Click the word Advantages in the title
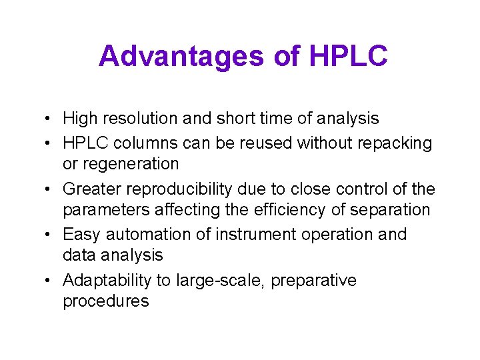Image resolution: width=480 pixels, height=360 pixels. coord(181,57)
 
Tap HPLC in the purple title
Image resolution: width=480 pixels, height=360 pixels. coord(348,57)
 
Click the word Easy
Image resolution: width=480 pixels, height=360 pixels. coord(81,235)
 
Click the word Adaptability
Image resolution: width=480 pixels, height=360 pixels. coord(110,281)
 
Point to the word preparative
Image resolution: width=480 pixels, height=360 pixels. coord(316,281)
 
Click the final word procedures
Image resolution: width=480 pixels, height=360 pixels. coord(106,301)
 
